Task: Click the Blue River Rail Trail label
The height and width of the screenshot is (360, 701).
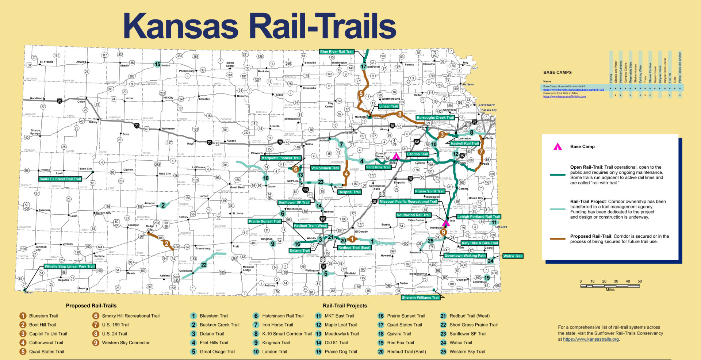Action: click(x=337, y=52)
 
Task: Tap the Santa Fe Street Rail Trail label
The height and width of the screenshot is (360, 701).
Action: click(x=60, y=179)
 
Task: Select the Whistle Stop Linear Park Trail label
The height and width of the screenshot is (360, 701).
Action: click(x=69, y=267)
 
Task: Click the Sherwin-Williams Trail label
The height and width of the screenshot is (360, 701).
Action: click(x=420, y=298)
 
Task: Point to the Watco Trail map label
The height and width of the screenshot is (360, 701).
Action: click(x=513, y=256)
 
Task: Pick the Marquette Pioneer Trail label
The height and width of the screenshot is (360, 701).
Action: click(x=281, y=158)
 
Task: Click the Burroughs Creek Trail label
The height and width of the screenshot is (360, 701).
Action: click(x=435, y=118)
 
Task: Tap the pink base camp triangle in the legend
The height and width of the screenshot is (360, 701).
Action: click(x=558, y=147)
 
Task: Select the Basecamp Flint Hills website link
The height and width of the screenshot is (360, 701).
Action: click(x=564, y=97)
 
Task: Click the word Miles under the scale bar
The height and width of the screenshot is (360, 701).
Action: click(x=610, y=290)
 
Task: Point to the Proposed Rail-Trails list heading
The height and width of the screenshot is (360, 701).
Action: click(x=91, y=306)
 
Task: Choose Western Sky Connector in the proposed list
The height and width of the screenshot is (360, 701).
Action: click(x=126, y=342)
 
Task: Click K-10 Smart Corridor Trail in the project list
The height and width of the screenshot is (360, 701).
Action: click(x=287, y=334)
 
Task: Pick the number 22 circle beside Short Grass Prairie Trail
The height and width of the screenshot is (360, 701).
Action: click(x=443, y=325)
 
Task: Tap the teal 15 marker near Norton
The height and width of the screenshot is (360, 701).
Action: click(x=157, y=64)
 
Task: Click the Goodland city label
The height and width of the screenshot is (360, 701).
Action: click(x=36, y=98)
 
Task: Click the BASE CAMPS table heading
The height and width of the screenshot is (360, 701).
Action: click(x=558, y=72)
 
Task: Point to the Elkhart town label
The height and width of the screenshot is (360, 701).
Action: click(x=29, y=292)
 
